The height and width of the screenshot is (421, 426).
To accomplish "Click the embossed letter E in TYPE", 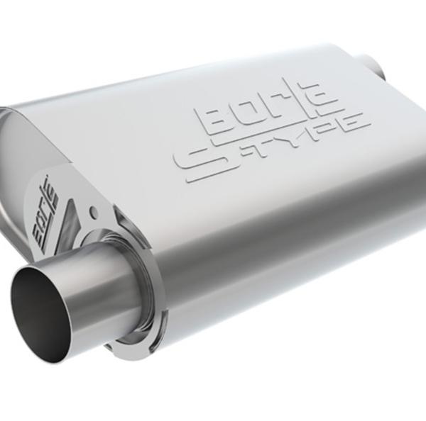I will (x=351, y=123).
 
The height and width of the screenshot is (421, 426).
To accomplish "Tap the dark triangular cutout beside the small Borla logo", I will (x=67, y=215).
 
